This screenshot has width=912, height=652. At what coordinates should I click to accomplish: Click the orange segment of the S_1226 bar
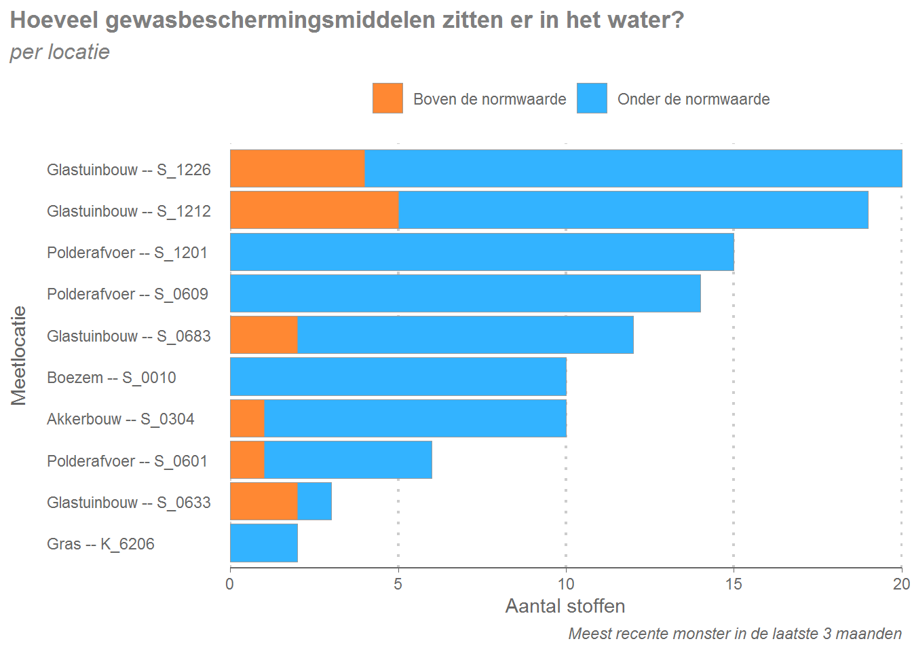point(297,168)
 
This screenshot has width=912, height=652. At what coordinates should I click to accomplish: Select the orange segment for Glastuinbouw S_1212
point(314,210)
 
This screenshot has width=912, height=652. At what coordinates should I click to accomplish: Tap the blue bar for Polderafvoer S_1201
point(482,252)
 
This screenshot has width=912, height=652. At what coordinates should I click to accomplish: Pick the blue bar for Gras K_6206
point(263,543)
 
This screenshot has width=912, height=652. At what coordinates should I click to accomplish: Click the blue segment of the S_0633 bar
point(314,501)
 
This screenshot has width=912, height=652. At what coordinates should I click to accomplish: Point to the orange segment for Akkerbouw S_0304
point(247,418)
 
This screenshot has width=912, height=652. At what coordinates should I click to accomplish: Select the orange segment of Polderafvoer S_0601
point(247,460)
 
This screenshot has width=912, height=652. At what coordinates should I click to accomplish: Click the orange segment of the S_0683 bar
point(264,335)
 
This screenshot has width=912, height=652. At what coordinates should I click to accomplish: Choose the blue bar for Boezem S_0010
point(398,377)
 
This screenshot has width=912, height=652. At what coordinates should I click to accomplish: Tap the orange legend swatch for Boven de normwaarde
point(387,98)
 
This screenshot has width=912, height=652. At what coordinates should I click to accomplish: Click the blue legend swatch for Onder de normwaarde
point(592,98)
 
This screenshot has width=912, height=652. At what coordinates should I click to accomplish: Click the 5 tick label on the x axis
point(398,584)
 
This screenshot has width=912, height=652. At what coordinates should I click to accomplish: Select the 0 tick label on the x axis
point(230,584)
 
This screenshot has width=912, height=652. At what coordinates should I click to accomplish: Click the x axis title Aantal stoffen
point(565,606)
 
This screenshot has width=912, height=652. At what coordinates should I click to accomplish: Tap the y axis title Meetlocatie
point(18,355)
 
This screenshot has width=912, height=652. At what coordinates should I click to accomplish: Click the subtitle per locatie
point(60,52)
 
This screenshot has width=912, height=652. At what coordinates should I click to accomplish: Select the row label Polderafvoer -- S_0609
point(128,294)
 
